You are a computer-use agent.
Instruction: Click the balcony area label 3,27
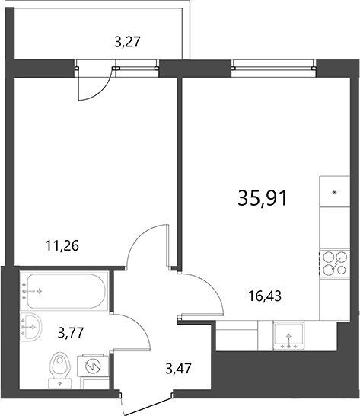click(x=127, y=43)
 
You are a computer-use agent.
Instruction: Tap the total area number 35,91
click(x=263, y=198)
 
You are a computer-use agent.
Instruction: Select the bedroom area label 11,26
click(x=63, y=245)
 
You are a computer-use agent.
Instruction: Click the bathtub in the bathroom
click(x=64, y=290)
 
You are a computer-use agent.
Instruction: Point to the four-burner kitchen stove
click(x=332, y=263)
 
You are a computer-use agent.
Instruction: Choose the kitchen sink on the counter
click(x=288, y=336)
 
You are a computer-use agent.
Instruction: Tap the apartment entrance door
click(x=148, y=400)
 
